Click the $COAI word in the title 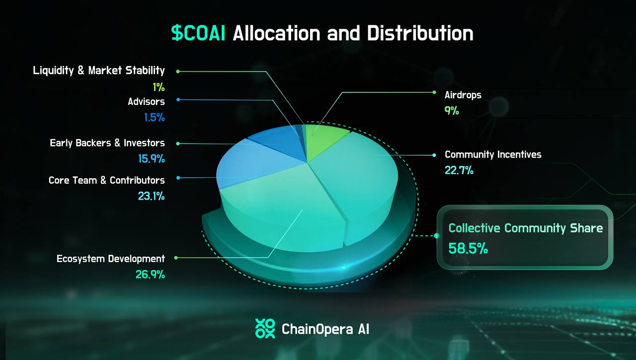pyautogui.click(x=198, y=33)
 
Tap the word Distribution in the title pyautogui.click(x=420, y=33)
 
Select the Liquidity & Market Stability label pyautogui.click(x=99, y=71)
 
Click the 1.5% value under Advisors pyautogui.click(x=154, y=117)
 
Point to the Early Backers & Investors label pyautogui.click(x=107, y=143)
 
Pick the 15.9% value pyautogui.click(x=152, y=158)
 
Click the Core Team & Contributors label pyautogui.click(x=107, y=180)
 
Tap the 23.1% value pyautogui.click(x=152, y=196)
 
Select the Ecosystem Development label pyautogui.click(x=111, y=259)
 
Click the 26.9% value pyautogui.click(x=150, y=274)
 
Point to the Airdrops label pyautogui.click(x=463, y=95)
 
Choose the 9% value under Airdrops pyautogui.click(x=452, y=110)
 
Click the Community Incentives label pyautogui.click(x=493, y=154)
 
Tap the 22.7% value pyautogui.click(x=459, y=170)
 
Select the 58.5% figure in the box pyautogui.click(x=468, y=248)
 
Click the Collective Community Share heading pyautogui.click(x=526, y=228)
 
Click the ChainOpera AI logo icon pyautogui.click(x=265, y=329)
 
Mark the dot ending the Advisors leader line pyautogui.click(x=178, y=100)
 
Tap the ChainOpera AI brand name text pyautogui.click(x=325, y=329)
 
